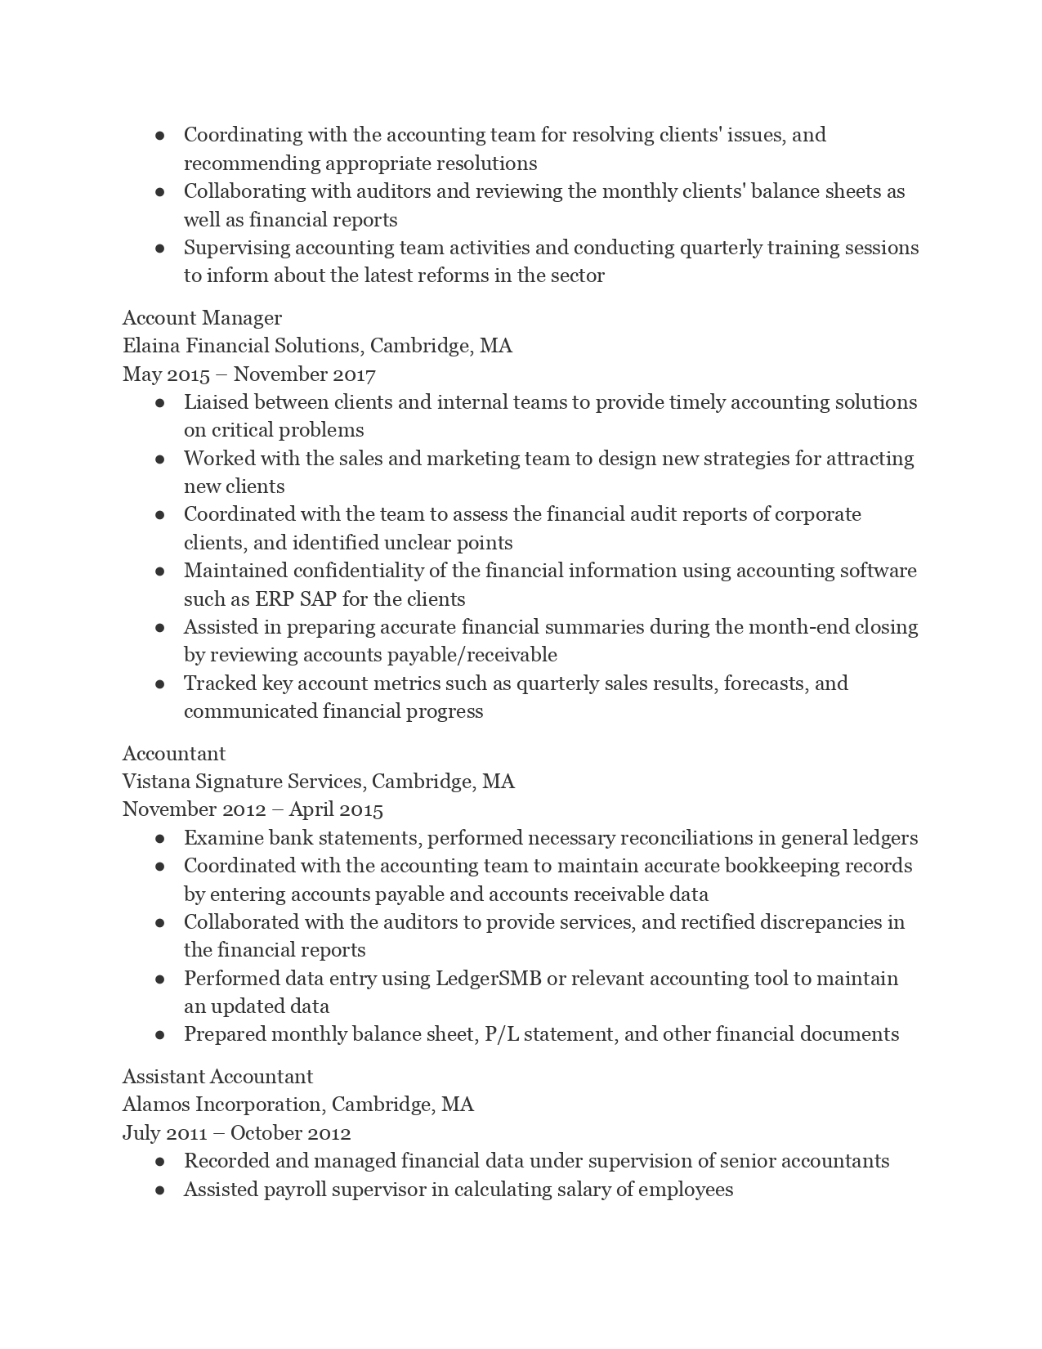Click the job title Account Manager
[202, 318]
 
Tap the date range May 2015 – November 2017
[248, 374]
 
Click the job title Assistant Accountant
[217, 1077]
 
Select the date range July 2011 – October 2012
[236, 1133]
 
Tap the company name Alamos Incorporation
[224, 1105]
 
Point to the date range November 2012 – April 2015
[253, 809]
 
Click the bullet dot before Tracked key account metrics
[160, 683]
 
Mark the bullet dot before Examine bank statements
[160, 838]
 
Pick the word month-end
[798, 627]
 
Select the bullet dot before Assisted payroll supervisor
[160, 1190]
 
